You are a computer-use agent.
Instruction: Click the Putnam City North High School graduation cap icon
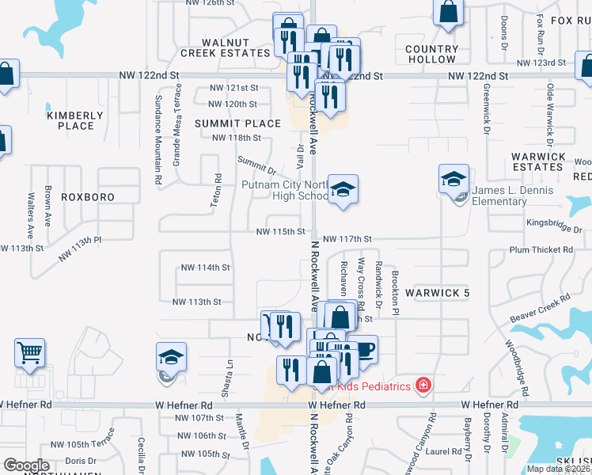pos(343,189)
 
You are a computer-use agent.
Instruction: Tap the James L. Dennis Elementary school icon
pos(454,179)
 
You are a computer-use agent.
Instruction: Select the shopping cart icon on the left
pos(30,352)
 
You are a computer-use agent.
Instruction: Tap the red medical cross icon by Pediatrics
pos(423,386)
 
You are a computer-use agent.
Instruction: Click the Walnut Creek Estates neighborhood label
pos(226,47)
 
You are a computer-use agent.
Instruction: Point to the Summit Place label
pos(237,123)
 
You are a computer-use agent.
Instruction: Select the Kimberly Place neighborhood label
pos(75,120)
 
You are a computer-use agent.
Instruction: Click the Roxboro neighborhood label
pos(88,196)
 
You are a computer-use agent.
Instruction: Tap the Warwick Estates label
pos(537,161)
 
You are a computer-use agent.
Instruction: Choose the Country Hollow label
pos(431,54)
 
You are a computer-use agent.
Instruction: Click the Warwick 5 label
pos(438,293)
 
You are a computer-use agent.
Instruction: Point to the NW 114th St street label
pos(207,268)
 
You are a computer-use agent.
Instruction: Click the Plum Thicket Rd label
pos(541,249)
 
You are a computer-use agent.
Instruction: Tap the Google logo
pos(26,465)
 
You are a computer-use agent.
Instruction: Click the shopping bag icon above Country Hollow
pos(448,13)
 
